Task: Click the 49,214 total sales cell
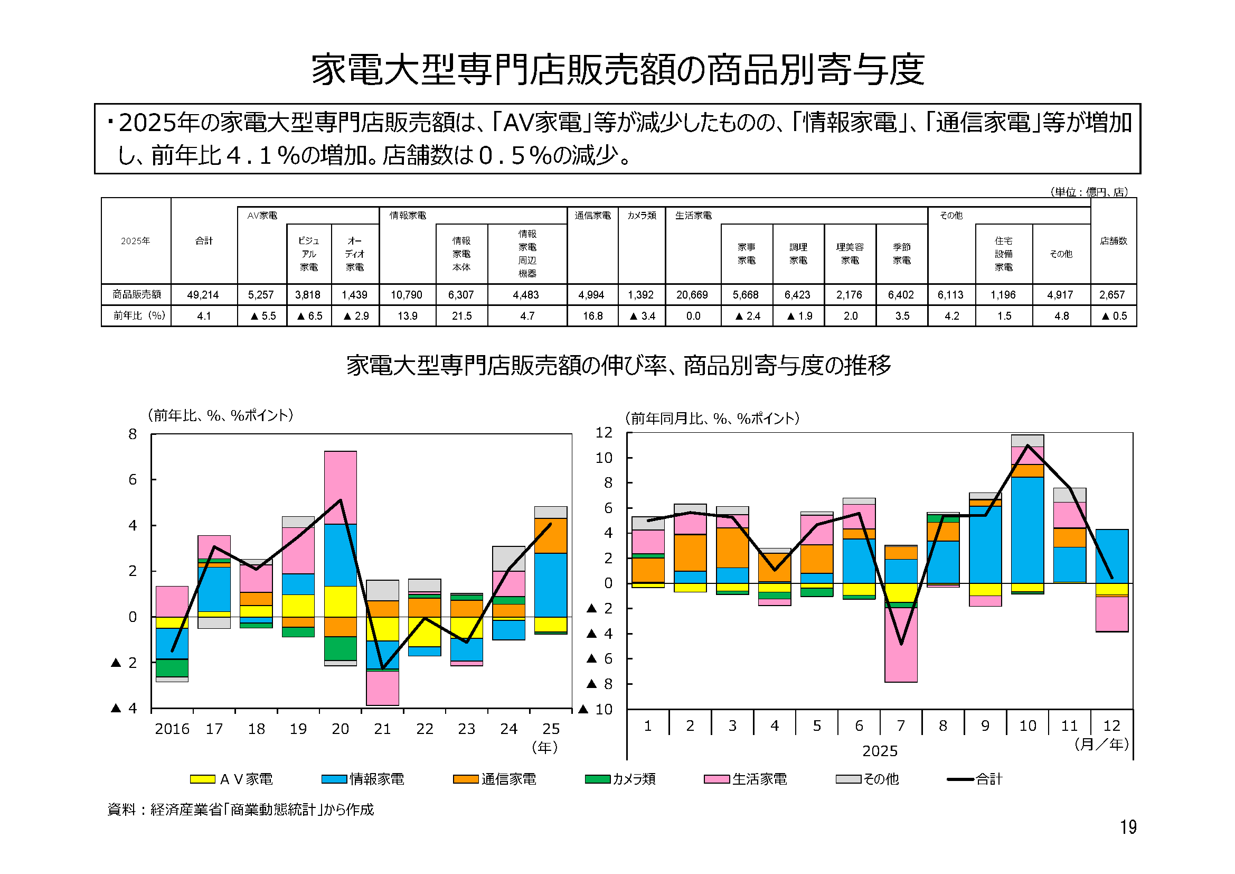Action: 203,295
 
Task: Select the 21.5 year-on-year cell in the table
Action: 461,316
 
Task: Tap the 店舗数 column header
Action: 1113,241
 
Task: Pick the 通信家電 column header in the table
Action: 592,216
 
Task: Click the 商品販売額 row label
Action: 137,294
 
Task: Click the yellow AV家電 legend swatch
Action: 202,779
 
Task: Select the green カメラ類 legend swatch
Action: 598,779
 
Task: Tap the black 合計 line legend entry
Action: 960,779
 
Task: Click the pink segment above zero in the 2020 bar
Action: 341,488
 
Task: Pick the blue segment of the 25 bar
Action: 550,585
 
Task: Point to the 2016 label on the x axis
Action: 172,729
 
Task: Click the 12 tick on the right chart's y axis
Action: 604,433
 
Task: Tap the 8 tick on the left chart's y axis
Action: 133,434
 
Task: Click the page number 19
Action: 1128,826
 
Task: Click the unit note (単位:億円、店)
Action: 1089,192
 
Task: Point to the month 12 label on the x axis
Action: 1111,726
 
